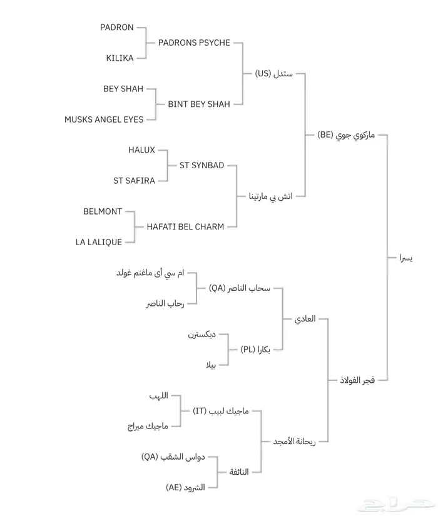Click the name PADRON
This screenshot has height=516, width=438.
tap(116, 28)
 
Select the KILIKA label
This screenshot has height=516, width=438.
tap(119, 58)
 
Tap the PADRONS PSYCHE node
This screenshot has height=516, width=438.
tap(194, 43)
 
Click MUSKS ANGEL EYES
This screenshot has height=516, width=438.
tap(104, 119)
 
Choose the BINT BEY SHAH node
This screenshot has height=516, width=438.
tap(199, 104)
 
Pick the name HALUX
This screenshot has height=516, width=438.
tap(141, 150)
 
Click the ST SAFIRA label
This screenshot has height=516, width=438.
tap(134, 180)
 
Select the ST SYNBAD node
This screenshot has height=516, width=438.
tap(201, 165)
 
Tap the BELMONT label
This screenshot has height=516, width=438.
tap(103, 211)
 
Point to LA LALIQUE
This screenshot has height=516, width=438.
tap(98, 242)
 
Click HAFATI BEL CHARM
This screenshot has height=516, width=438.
tap(185, 227)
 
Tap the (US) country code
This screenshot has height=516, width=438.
tap(263, 73)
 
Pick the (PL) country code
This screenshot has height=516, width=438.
tap(249, 350)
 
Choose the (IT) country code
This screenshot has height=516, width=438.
tap(201, 411)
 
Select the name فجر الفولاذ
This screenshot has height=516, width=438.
tap(357, 380)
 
